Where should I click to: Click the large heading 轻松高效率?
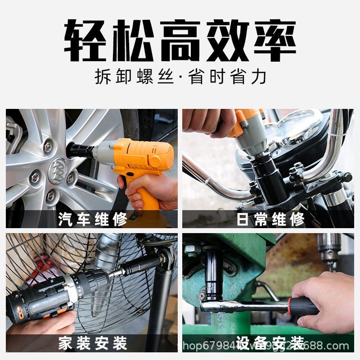pos(180,40)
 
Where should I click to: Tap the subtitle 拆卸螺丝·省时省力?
pos(180,76)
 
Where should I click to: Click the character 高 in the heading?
pos(180,40)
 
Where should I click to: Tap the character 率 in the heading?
pos(274,40)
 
